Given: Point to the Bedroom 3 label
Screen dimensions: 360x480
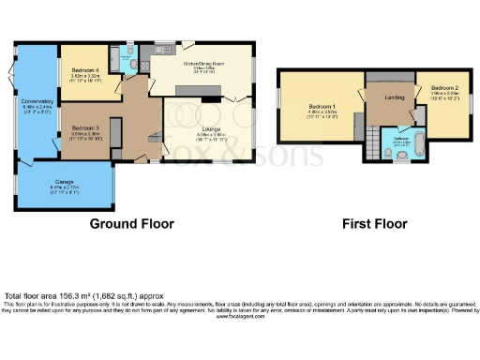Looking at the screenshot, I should (84, 129).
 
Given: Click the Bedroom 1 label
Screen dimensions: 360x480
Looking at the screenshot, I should (321, 107).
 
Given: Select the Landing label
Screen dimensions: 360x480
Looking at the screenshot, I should (394, 96).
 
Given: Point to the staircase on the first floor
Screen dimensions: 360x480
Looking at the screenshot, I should (374, 146).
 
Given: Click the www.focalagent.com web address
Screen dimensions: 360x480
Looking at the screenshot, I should (240, 317).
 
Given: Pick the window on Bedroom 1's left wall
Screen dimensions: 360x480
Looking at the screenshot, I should (278, 103).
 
